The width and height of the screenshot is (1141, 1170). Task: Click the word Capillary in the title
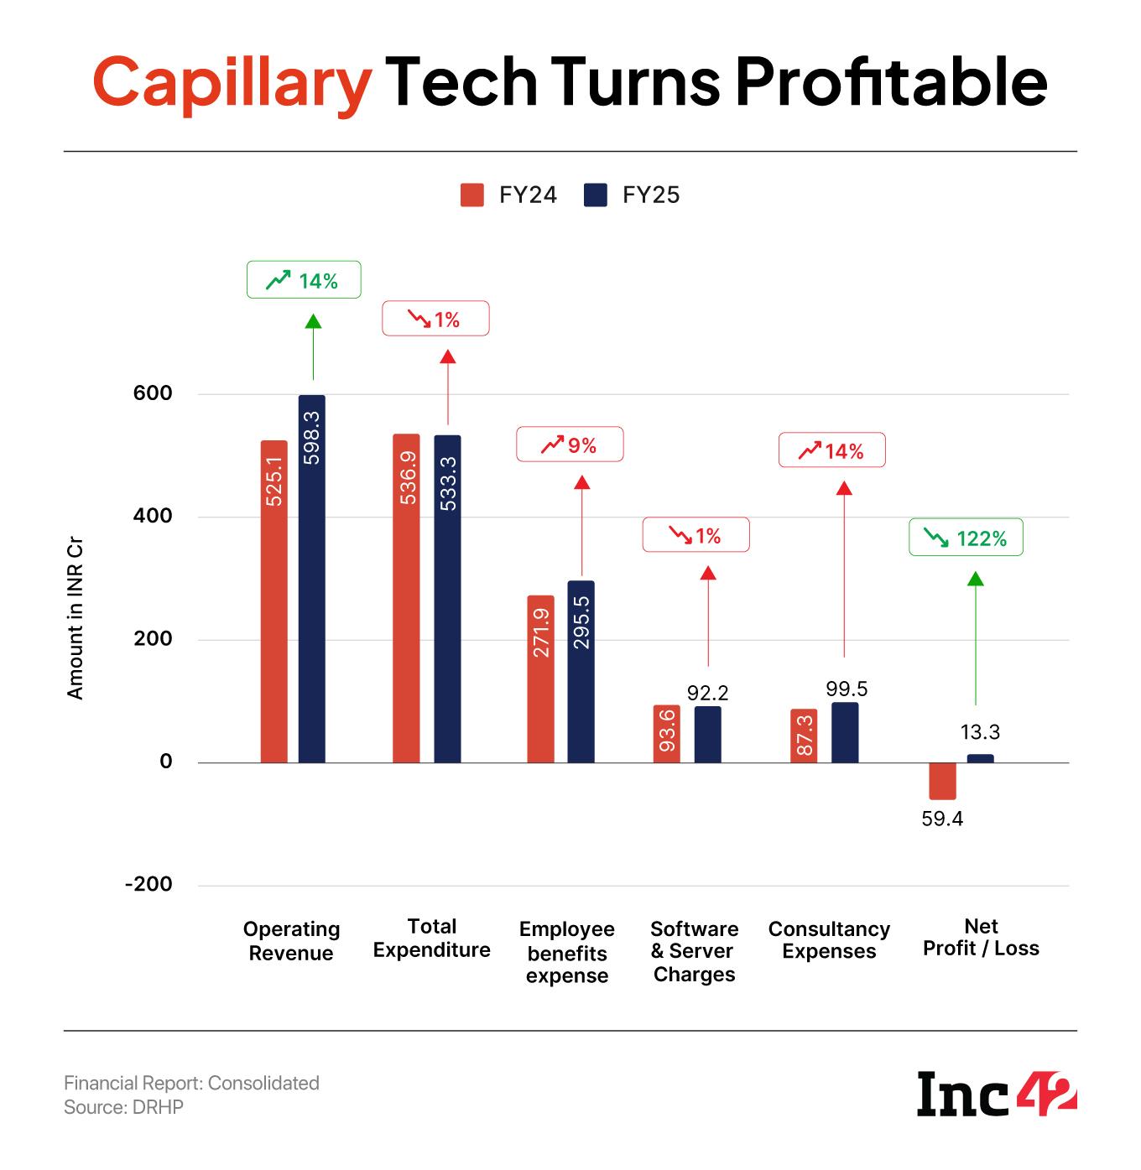(232, 83)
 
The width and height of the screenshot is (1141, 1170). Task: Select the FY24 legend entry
(508, 195)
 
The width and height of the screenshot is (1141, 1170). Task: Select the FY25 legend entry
(632, 195)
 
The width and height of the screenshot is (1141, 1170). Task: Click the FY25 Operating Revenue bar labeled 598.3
(312, 579)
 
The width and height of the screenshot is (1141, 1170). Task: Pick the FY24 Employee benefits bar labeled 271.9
(541, 679)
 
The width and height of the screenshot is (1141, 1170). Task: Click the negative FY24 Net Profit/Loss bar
(942, 781)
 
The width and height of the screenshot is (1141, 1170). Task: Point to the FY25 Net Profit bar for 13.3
(980, 758)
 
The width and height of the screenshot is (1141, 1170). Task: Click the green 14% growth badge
(304, 280)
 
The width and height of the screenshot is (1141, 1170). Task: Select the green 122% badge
(966, 538)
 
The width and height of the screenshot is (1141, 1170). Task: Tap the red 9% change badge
(570, 445)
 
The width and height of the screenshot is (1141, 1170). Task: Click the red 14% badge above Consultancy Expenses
(831, 450)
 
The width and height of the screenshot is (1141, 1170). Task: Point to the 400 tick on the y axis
(153, 516)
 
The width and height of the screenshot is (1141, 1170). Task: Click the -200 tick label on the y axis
(148, 884)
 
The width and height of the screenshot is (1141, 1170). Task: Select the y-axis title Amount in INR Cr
(76, 620)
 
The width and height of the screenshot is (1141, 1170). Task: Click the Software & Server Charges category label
(694, 952)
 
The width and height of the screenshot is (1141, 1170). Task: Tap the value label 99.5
(847, 689)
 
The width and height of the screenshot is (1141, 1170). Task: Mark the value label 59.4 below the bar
(942, 819)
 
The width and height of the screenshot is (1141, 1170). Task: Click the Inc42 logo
(997, 1094)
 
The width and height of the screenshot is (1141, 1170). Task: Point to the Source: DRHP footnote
(123, 1107)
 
